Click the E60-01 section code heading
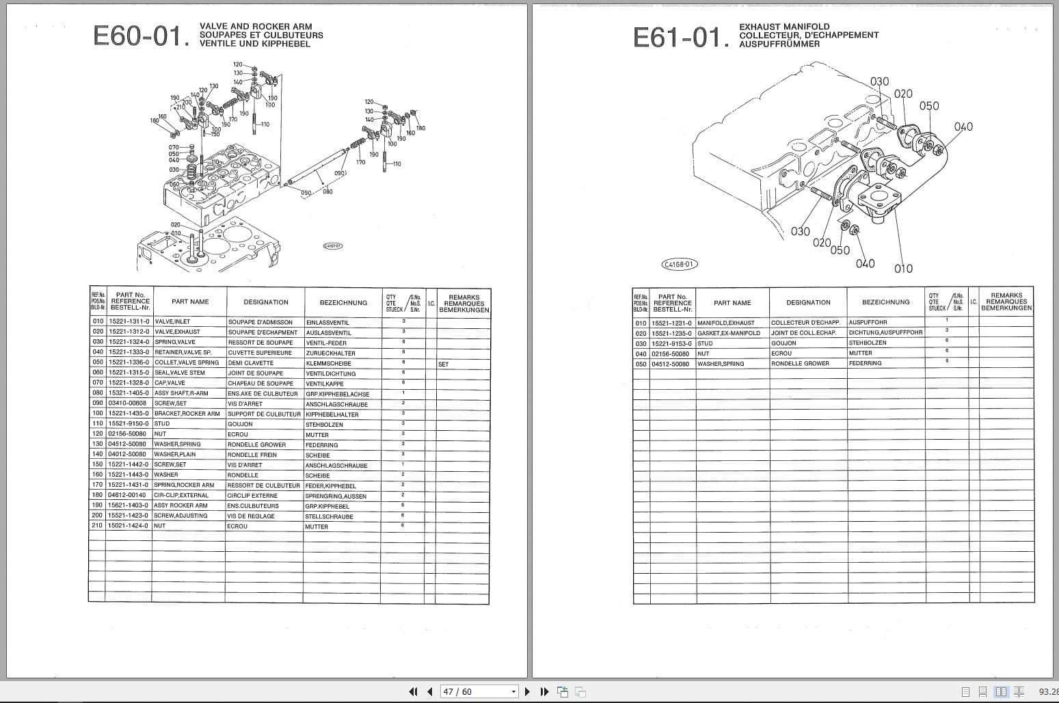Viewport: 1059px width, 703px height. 140,36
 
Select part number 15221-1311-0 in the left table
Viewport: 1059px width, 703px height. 128,321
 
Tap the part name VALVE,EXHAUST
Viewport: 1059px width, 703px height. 177,332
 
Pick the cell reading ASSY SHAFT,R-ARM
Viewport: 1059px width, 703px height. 181,393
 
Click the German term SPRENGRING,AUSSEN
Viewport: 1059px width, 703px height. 336,496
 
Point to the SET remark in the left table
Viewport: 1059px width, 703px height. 444,364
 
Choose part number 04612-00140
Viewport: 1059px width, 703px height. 127,495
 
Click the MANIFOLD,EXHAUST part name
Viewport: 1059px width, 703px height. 725,323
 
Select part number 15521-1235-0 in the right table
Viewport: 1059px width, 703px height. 671,333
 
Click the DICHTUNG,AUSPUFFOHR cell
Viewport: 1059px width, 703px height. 885,333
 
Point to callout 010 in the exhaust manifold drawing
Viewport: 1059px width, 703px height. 903,269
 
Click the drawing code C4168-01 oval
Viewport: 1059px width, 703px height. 680,264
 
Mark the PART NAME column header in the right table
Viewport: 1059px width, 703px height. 732,303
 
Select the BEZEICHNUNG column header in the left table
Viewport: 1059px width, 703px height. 343,302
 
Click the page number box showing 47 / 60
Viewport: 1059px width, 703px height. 478,691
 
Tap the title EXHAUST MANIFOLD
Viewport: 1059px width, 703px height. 784,27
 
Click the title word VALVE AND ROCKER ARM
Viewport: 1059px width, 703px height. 256,27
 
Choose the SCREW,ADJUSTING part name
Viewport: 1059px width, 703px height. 180,516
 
